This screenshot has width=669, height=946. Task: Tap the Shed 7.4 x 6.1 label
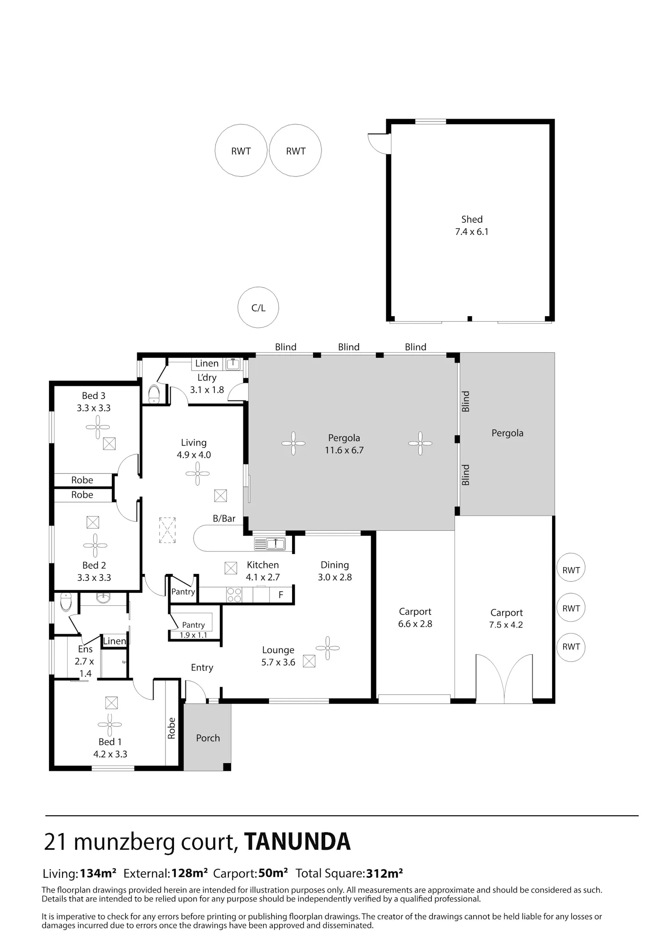point(471,225)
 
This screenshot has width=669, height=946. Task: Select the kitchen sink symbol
point(269,544)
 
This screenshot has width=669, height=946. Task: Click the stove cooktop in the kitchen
point(234,595)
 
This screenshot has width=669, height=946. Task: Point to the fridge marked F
point(281,595)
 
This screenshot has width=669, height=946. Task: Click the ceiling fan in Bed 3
point(98,427)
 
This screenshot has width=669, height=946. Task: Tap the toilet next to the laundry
point(153,394)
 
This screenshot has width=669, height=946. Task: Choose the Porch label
point(208,738)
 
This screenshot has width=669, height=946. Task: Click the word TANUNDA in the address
point(297,842)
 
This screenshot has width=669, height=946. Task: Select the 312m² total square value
point(384,873)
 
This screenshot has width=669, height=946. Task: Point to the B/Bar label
point(224,518)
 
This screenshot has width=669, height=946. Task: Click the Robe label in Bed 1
point(171,728)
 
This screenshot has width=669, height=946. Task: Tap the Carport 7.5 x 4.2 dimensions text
point(506,625)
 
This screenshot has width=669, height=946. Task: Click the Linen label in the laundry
point(207,364)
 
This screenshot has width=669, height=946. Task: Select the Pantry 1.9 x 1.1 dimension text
point(193,635)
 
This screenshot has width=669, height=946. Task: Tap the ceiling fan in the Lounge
point(327,648)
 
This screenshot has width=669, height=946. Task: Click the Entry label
point(202,668)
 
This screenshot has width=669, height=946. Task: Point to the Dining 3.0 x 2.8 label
point(334,571)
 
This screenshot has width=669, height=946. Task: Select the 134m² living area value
point(98,873)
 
